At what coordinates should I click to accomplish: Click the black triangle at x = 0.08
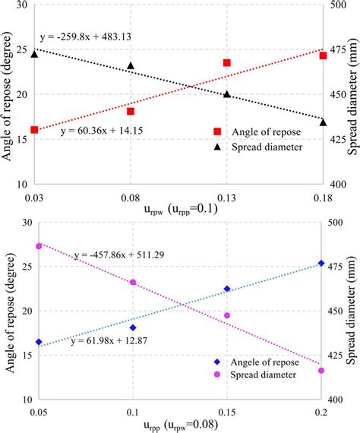click(x=131, y=67)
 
